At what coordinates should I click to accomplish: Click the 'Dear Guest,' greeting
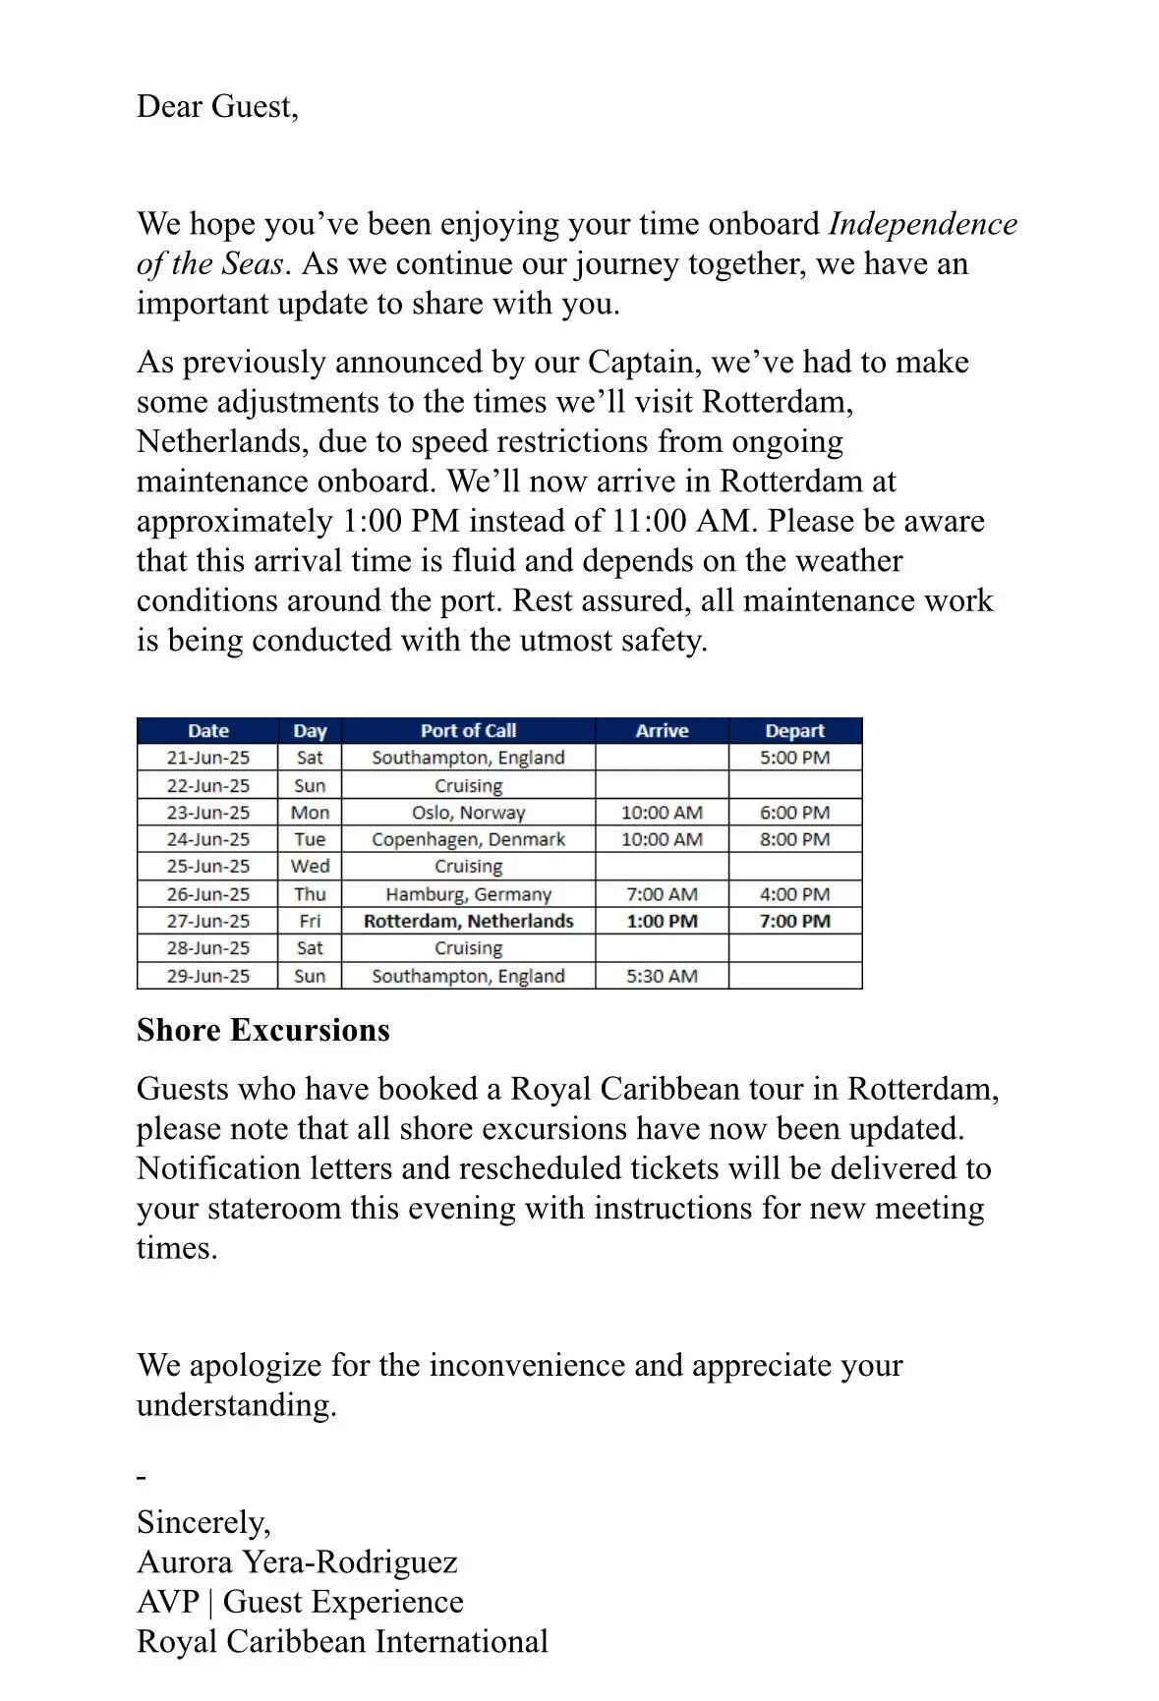point(217,106)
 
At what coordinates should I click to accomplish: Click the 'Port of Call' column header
point(468,730)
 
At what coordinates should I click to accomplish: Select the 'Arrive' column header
point(662,730)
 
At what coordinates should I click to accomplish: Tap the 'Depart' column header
point(794,730)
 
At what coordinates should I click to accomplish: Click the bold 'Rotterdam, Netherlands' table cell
point(468,921)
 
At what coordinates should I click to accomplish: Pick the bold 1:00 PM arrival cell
point(662,921)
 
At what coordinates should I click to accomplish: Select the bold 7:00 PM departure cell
point(794,921)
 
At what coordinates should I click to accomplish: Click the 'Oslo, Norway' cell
point(468,813)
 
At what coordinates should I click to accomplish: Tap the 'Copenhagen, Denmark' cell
point(468,839)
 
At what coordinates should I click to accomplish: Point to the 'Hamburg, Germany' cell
point(468,894)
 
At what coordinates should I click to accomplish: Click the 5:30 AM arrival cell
point(662,976)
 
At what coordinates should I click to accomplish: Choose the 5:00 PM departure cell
point(794,758)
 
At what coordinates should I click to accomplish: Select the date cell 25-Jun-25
point(207,866)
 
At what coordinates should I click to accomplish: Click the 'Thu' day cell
point(310,894)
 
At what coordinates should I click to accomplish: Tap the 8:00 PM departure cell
point(794,839)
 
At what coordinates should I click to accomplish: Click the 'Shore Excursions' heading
point(263,1030)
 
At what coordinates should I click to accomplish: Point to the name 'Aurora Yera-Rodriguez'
point(297,1562)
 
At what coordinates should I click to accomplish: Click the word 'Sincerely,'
point(203,1522)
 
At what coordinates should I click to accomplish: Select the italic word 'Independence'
point(923,224)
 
